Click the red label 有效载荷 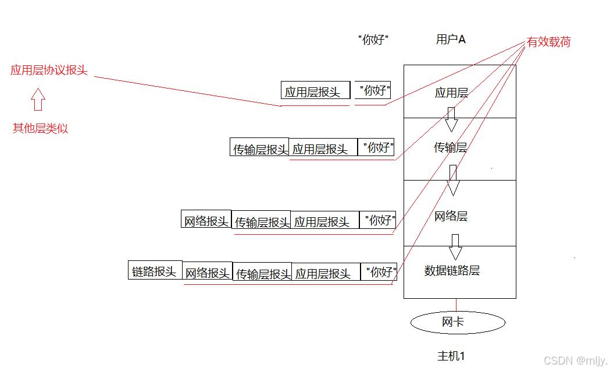[548, 42]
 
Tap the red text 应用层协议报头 [49, 70]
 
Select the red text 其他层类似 [40, 129]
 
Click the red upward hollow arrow [38, 99]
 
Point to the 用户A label [451, 40]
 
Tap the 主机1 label [451, 356]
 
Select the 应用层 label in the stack [451, 93]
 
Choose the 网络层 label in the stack [451, 217]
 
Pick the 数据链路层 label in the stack [452, 271]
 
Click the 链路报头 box [155, 270]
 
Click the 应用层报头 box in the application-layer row [315, 90]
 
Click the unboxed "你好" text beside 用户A [373, 40]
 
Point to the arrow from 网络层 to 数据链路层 [455, 247]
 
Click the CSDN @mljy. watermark [575, 361]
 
